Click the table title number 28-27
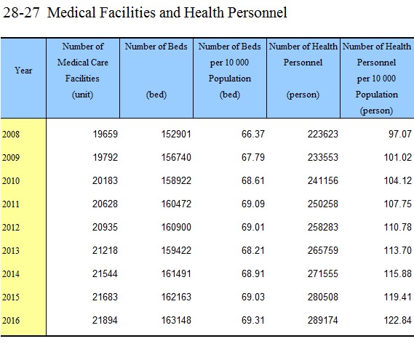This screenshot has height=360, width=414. (x=21, y=12)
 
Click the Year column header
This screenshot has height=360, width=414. (x=23, y=71)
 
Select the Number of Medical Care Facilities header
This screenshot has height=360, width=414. (x=83, y=71)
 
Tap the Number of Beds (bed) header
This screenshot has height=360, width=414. (x=156, y=71)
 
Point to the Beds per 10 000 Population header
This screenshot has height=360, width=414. (x=230, y=71)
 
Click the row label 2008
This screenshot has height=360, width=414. (x=11, y=134)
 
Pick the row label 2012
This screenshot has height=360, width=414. (x=11, y=227)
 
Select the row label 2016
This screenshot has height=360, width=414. (x=11, y=321)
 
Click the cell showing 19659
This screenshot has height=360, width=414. (x=105, y=134)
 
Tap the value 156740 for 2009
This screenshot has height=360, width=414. (x=176, y=157)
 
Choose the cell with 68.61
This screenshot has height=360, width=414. (x=253, y=180)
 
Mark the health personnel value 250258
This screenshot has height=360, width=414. (x=322, y=204)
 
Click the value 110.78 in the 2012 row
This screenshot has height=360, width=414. (x=398, y=227)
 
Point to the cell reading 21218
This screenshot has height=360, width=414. (x=105, y=250)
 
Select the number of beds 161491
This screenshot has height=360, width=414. (x=176, y=273)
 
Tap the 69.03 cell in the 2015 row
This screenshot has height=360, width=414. (x=253, y=297)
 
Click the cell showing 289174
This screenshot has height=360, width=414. (x=322, y=320)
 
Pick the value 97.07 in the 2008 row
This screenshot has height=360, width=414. (x=400, y=134)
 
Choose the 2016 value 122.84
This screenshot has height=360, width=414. (x=398, y=320)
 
